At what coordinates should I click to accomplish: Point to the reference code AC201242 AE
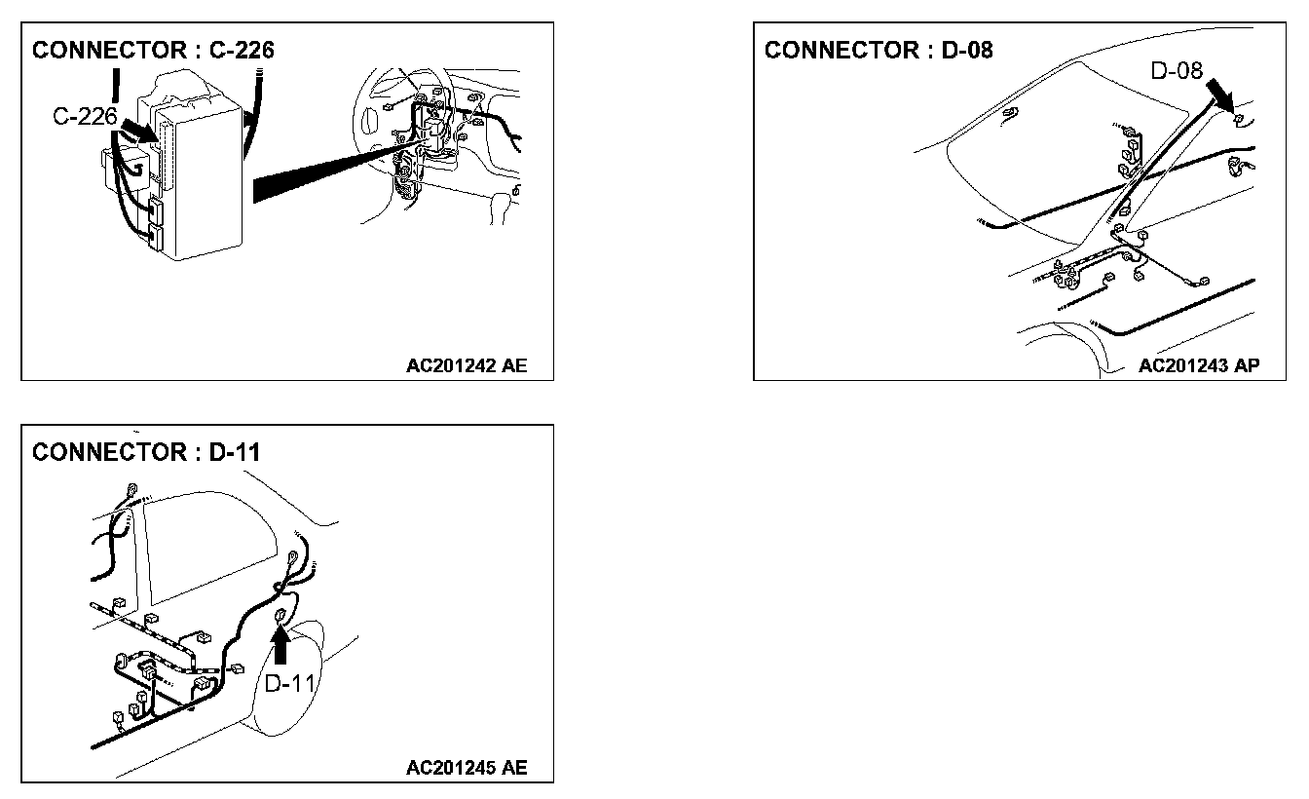point(467,367)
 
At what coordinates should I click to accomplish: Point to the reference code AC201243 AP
point(1199,366)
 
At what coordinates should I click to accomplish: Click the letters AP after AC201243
point(1247,366)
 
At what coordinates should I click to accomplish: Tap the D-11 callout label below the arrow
point(290,684)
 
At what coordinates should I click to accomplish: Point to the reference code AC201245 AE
point(467,768)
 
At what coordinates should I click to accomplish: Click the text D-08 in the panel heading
point(966,51)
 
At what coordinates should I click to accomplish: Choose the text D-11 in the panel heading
point(235,453)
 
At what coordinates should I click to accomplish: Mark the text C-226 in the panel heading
point(242,51)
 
